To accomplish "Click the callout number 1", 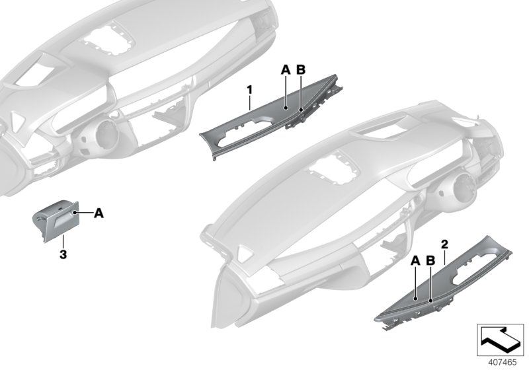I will tap(250, 87).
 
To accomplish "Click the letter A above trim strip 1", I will tap(285, 69).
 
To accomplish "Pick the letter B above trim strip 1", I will tap(300, 69).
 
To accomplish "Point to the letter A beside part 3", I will tap(99, 213).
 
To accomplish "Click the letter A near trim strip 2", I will tap(415, 261).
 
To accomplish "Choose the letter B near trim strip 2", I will tap(430, 261).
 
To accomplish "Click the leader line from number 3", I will tap(63, 240).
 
